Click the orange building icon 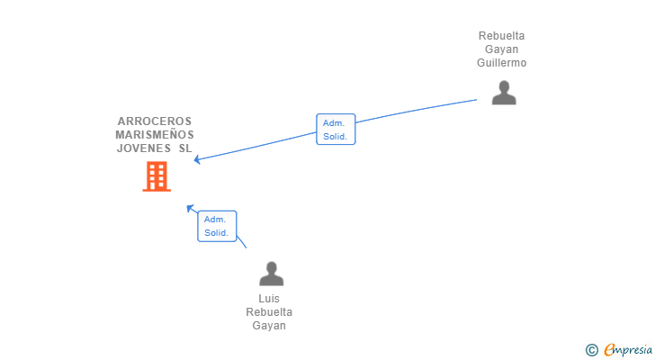(x=157, y=176)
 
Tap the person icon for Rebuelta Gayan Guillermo (x=504, y=93)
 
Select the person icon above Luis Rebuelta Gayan (x=272, y=274)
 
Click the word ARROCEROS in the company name (x=155, y=121)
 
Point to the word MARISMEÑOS (x=155, y=134)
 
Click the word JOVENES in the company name (x=144, y=148)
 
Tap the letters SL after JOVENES (x=185, y=148)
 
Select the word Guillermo (x=502, y=63)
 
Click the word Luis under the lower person (x=269, y=299)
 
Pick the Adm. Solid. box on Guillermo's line (x=336, y=130)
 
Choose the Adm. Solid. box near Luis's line (x=217, y=226)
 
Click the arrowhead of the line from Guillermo (x=197, y=159)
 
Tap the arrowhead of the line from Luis (x=190, y=208)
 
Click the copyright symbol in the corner (x=591, y=350)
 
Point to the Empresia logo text (x=628, y=350)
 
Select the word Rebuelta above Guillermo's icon (x=502, y=36)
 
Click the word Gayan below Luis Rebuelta (x=269, y=326)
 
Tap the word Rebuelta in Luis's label (x=269, y=312)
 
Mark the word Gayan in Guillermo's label (x=502, y=49)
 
